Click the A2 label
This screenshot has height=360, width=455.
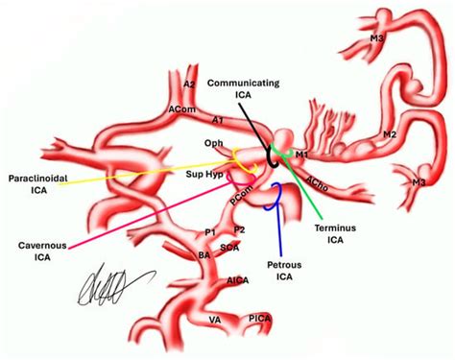(x=190, y=85)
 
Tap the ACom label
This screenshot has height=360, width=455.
(x=179, y=110)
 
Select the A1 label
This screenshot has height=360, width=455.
(x=218, y=120)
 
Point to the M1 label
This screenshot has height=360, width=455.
(x=303, y=154)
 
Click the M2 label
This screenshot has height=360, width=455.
(x=417, y=135)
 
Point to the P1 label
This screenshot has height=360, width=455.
(x=211, y=232)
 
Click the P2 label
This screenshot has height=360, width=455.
(x=240, y=229)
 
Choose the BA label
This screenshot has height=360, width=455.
(x=204, y=255)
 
